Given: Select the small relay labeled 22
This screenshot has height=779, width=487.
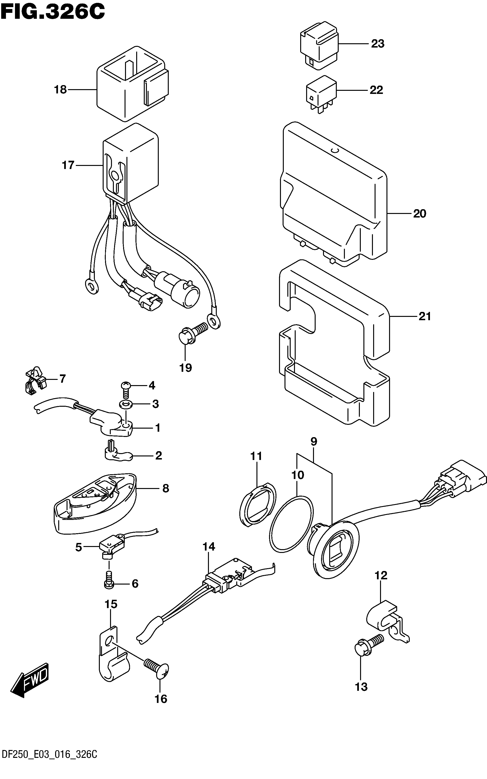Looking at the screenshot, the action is click(x=321, y=94).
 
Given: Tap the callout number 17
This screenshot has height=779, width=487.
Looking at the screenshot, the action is click(x=68, y=165).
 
